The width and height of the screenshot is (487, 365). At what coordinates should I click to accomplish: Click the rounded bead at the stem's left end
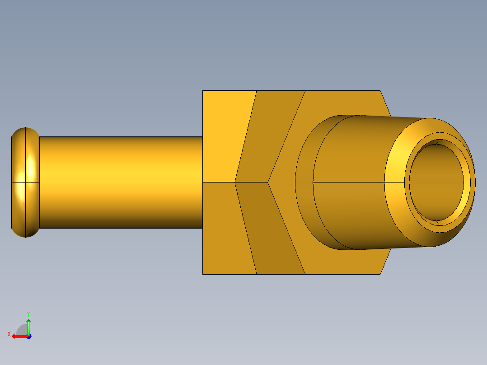point(25,182)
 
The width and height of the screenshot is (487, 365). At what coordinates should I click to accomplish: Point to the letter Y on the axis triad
point(28,314)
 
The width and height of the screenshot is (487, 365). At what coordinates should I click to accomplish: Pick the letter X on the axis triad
point(9,334)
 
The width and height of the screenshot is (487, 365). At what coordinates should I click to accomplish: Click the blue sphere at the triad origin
point(28,337)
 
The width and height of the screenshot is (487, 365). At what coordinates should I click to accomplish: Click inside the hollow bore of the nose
point(436,183)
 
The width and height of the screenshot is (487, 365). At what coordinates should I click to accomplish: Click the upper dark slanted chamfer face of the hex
point(269,136)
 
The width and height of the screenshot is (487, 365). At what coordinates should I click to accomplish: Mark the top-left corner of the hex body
point(203,91)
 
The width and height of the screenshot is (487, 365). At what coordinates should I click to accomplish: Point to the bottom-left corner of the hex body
point(203,274)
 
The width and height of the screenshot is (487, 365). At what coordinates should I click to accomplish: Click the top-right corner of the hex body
point(380,91)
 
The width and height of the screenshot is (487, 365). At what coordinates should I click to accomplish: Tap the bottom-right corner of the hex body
point(380,274)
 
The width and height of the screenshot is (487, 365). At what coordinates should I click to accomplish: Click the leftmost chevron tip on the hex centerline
point(235,182)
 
